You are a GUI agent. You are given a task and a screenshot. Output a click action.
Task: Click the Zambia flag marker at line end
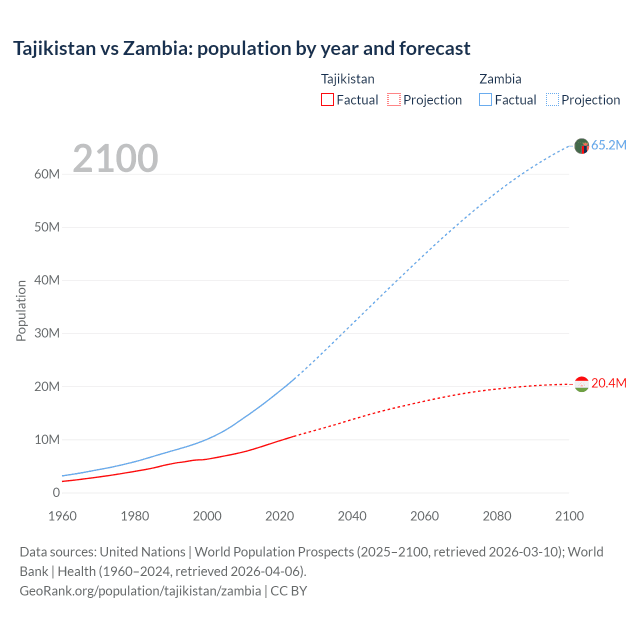coord(581,146)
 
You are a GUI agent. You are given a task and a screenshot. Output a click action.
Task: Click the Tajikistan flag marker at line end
coord(581,384)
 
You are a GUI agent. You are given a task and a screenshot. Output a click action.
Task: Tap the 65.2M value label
coord(608,145)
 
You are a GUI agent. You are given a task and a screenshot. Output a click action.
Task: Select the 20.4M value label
coord(608,383)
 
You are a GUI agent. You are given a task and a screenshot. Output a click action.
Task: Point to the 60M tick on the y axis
coord(47,174)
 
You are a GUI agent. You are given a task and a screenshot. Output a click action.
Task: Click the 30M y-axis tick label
coord(47,333)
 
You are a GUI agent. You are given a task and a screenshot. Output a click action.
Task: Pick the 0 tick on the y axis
coord(56,492)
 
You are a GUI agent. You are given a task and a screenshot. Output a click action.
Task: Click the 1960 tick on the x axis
coord(62,516)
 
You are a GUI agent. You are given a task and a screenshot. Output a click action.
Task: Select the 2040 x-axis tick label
coord(352,516)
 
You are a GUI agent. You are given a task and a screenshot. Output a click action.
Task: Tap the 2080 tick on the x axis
coord(497,516)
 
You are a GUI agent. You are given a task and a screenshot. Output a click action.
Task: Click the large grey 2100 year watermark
coord(115,158)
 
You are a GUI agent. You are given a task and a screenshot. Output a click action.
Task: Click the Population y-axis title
coord(21,310)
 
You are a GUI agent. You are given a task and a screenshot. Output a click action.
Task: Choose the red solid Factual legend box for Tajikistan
coord(327,99)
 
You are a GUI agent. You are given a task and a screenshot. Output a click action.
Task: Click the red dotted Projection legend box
coord(394,99)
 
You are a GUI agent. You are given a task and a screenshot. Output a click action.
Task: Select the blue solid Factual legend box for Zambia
coord(485,99)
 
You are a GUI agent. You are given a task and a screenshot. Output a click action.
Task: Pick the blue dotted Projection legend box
coord(552,99)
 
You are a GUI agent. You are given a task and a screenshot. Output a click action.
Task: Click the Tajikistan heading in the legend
coord(347,79)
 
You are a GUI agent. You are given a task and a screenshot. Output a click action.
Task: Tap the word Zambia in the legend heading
coord(500,79)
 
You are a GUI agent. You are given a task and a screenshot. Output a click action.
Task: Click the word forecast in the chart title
coord(434,48)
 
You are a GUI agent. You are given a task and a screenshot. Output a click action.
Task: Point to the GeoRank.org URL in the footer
coord(140,590)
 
